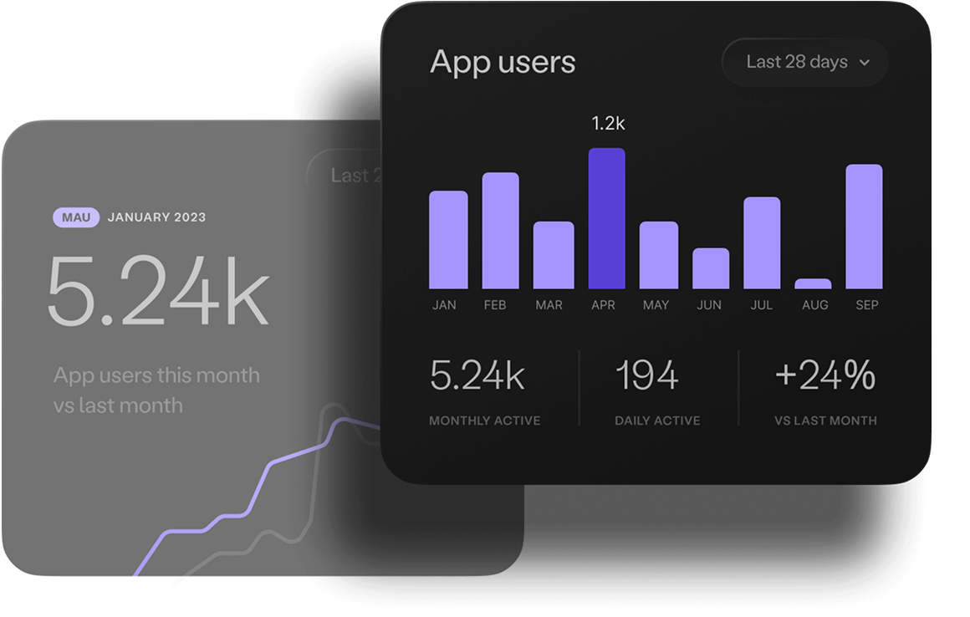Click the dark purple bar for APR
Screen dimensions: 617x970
606,219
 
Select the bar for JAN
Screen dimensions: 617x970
448,240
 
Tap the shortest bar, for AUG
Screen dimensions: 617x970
813,283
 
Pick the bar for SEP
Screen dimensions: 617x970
864,227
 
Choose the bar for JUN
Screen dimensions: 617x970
711,268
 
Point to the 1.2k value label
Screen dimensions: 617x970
608,124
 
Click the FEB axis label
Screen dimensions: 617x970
495,305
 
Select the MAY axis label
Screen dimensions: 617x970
656,305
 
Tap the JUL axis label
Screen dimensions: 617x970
762,305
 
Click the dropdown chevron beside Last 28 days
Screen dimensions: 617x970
865,63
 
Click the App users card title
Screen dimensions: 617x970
503,63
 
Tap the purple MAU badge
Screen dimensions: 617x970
77,217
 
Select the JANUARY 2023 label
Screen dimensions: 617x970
157,217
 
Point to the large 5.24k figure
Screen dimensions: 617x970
158,290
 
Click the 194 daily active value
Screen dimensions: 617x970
646,376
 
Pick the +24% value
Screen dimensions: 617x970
825,376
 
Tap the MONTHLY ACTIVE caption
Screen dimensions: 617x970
484,421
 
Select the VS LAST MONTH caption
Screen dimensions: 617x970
825,421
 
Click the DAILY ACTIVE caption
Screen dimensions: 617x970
657,421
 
